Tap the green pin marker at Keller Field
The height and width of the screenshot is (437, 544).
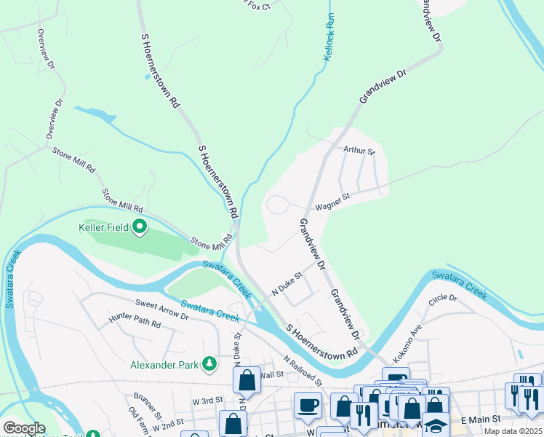(x=140, y=228)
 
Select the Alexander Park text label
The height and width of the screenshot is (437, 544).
(x=167, y=364)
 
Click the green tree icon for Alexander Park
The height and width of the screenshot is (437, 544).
(x=210, y=363)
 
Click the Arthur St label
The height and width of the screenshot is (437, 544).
(x=359, y=151)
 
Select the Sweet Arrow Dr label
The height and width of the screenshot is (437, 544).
(x=161, y=309)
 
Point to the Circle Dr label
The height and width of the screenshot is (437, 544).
(x=443, y=299)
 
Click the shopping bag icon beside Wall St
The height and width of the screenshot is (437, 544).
(x=247, y=379)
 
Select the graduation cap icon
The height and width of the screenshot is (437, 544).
(x=436, y=425)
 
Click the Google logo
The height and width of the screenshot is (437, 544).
(x=24, y=428)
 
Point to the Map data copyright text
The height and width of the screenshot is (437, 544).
(x=513, y=431)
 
